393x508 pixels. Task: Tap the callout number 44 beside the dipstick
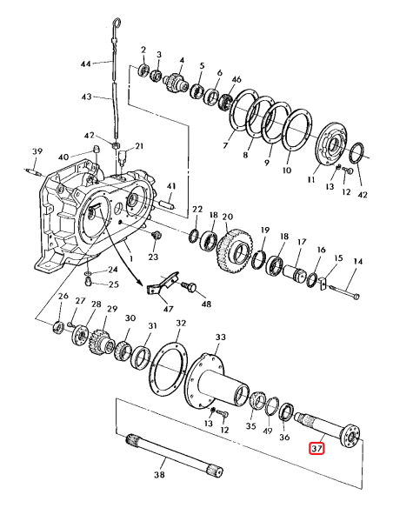tap(85, 64)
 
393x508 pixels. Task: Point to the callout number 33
tap(220, 337)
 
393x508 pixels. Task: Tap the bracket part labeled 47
tap(162, 284)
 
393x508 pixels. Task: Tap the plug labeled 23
tap(157, 237)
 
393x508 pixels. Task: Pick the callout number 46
tap(236, 79)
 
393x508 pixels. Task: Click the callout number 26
tap(63, 297)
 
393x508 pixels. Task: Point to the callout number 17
tap(302, 242)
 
